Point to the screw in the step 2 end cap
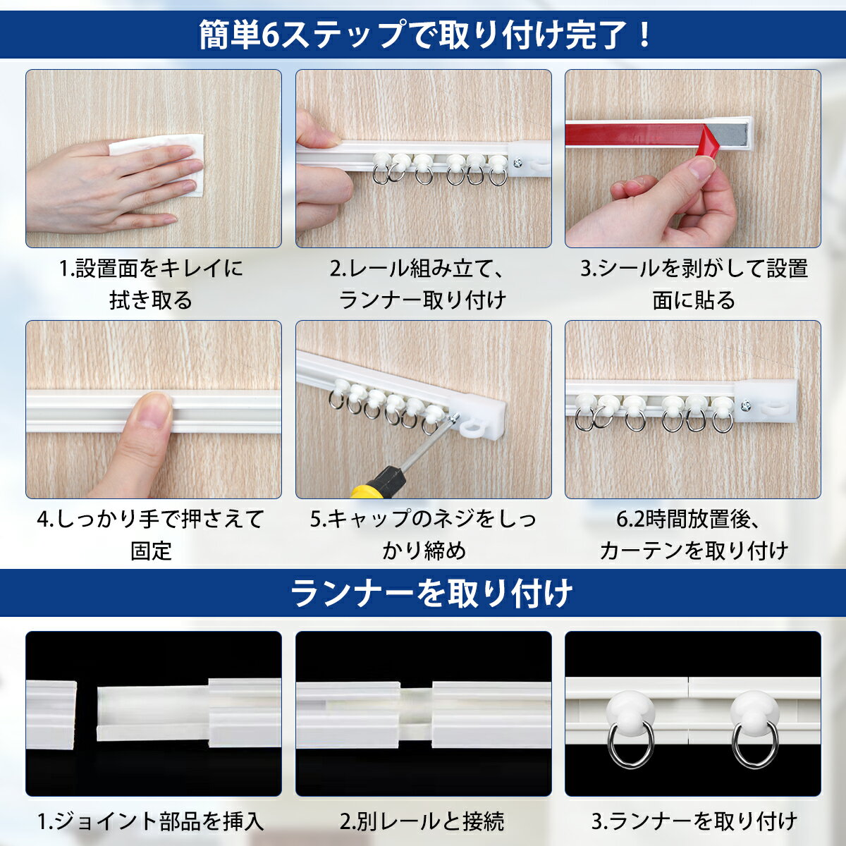(x=517, y=164)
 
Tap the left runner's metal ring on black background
(x=628, y=748)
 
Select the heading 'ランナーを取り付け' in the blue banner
(x=431, y=594)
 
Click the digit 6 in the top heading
(x=269, y=35)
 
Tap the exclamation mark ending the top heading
(x=644, y=35)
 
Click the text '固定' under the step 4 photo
(x=151, y=551)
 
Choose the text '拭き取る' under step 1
(x=151, y=300)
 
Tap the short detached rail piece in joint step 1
(x=51, y=716)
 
